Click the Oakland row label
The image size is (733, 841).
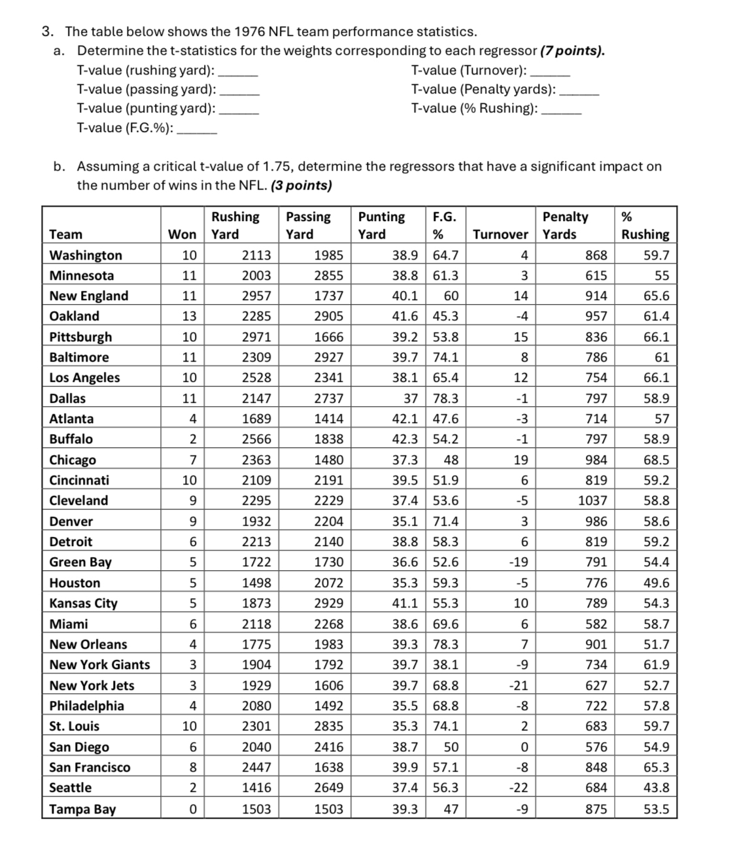[x=75, y=317]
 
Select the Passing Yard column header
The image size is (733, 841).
[x=308, y=225]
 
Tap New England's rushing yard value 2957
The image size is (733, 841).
[x=256, y=296]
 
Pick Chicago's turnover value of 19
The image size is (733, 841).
[x=520, y=460]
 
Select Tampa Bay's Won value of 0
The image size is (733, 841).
[x=192, y=809]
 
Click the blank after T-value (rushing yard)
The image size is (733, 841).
[x=238, y=71]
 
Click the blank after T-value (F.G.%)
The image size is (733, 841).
[x=197, y=129]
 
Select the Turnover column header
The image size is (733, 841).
[x=500, y=234]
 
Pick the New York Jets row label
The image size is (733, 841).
[x=92, y=685]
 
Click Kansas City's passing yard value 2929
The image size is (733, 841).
[x=328, y=604]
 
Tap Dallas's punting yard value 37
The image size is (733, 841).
[x=410, y=398]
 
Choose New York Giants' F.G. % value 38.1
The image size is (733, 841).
[x=445, y=665]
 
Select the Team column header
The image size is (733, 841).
[x=66, y=234]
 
